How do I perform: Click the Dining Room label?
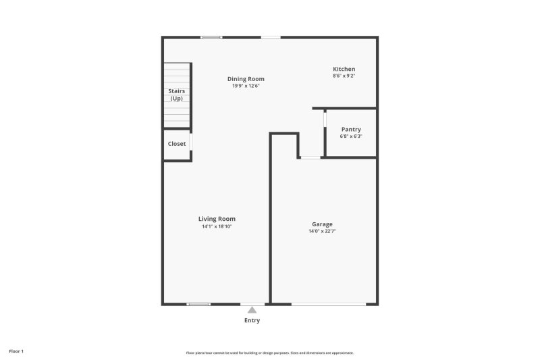click(246, 79)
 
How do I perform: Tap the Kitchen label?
click(344, 69)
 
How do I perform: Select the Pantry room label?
click(351, 129)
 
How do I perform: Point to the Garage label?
click(322, 224)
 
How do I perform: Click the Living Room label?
click(217, 219)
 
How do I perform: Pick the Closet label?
click(177, 144)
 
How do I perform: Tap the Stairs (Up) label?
click(176, 95)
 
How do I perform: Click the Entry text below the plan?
click(252, 320)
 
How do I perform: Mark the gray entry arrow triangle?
click(252, 310)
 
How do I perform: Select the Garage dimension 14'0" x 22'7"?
click(322, 232)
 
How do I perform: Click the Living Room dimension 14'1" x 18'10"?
click(217, 226)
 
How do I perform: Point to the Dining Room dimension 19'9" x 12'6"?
click(246, 86)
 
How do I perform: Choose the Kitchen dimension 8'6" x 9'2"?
click(344, 76)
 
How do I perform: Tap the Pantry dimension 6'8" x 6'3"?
click(351, 136)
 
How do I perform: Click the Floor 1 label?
click(16, 351)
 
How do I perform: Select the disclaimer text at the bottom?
click(269, 353)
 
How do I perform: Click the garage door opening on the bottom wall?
click(329, 305)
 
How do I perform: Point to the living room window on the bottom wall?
click(198, 305)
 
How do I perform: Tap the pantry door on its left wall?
click(325, 119)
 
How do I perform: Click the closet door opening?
click(191, 143)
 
